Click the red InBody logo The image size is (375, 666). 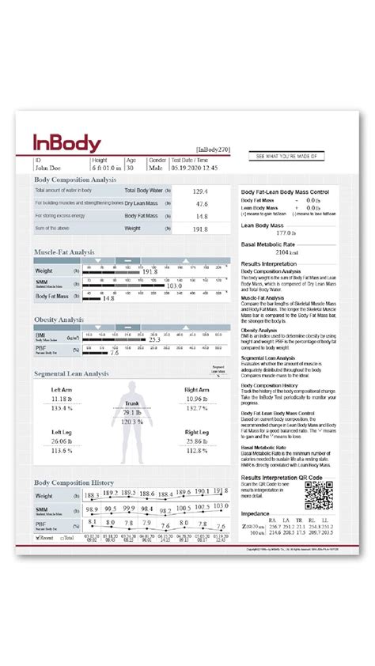pos(66,143)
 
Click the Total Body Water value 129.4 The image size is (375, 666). pos(200,191)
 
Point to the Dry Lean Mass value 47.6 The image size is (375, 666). pos(201,204)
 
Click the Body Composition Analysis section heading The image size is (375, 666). pos(75,180)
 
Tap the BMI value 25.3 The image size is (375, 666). pos(154,340)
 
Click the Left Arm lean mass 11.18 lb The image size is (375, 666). pos(62,400)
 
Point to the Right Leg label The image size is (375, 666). pos(196,433)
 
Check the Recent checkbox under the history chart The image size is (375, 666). pos(39,537)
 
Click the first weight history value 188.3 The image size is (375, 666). pos(91,495)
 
